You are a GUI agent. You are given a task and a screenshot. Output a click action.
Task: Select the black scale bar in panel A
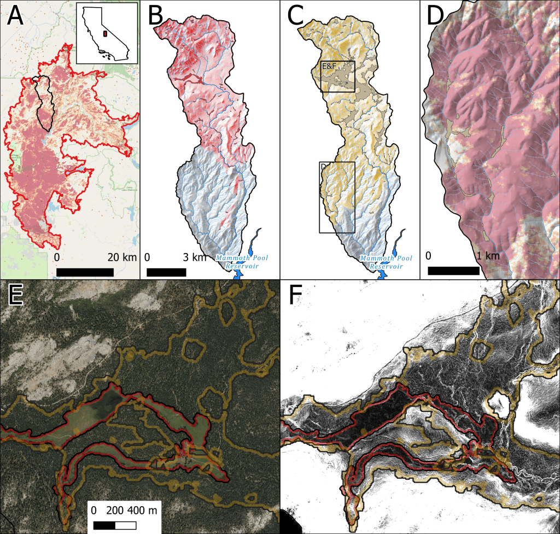click(85, 272)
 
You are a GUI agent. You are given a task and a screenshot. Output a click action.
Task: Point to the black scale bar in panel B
click(166, 272)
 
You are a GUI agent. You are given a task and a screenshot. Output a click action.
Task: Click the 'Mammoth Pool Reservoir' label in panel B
click(241, 261)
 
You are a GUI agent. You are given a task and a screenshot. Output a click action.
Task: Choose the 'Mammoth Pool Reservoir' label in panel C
click(386, 261)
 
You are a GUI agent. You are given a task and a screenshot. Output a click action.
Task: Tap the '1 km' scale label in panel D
click(488, 255)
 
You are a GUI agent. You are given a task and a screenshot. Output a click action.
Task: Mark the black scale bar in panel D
click(453, 270)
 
